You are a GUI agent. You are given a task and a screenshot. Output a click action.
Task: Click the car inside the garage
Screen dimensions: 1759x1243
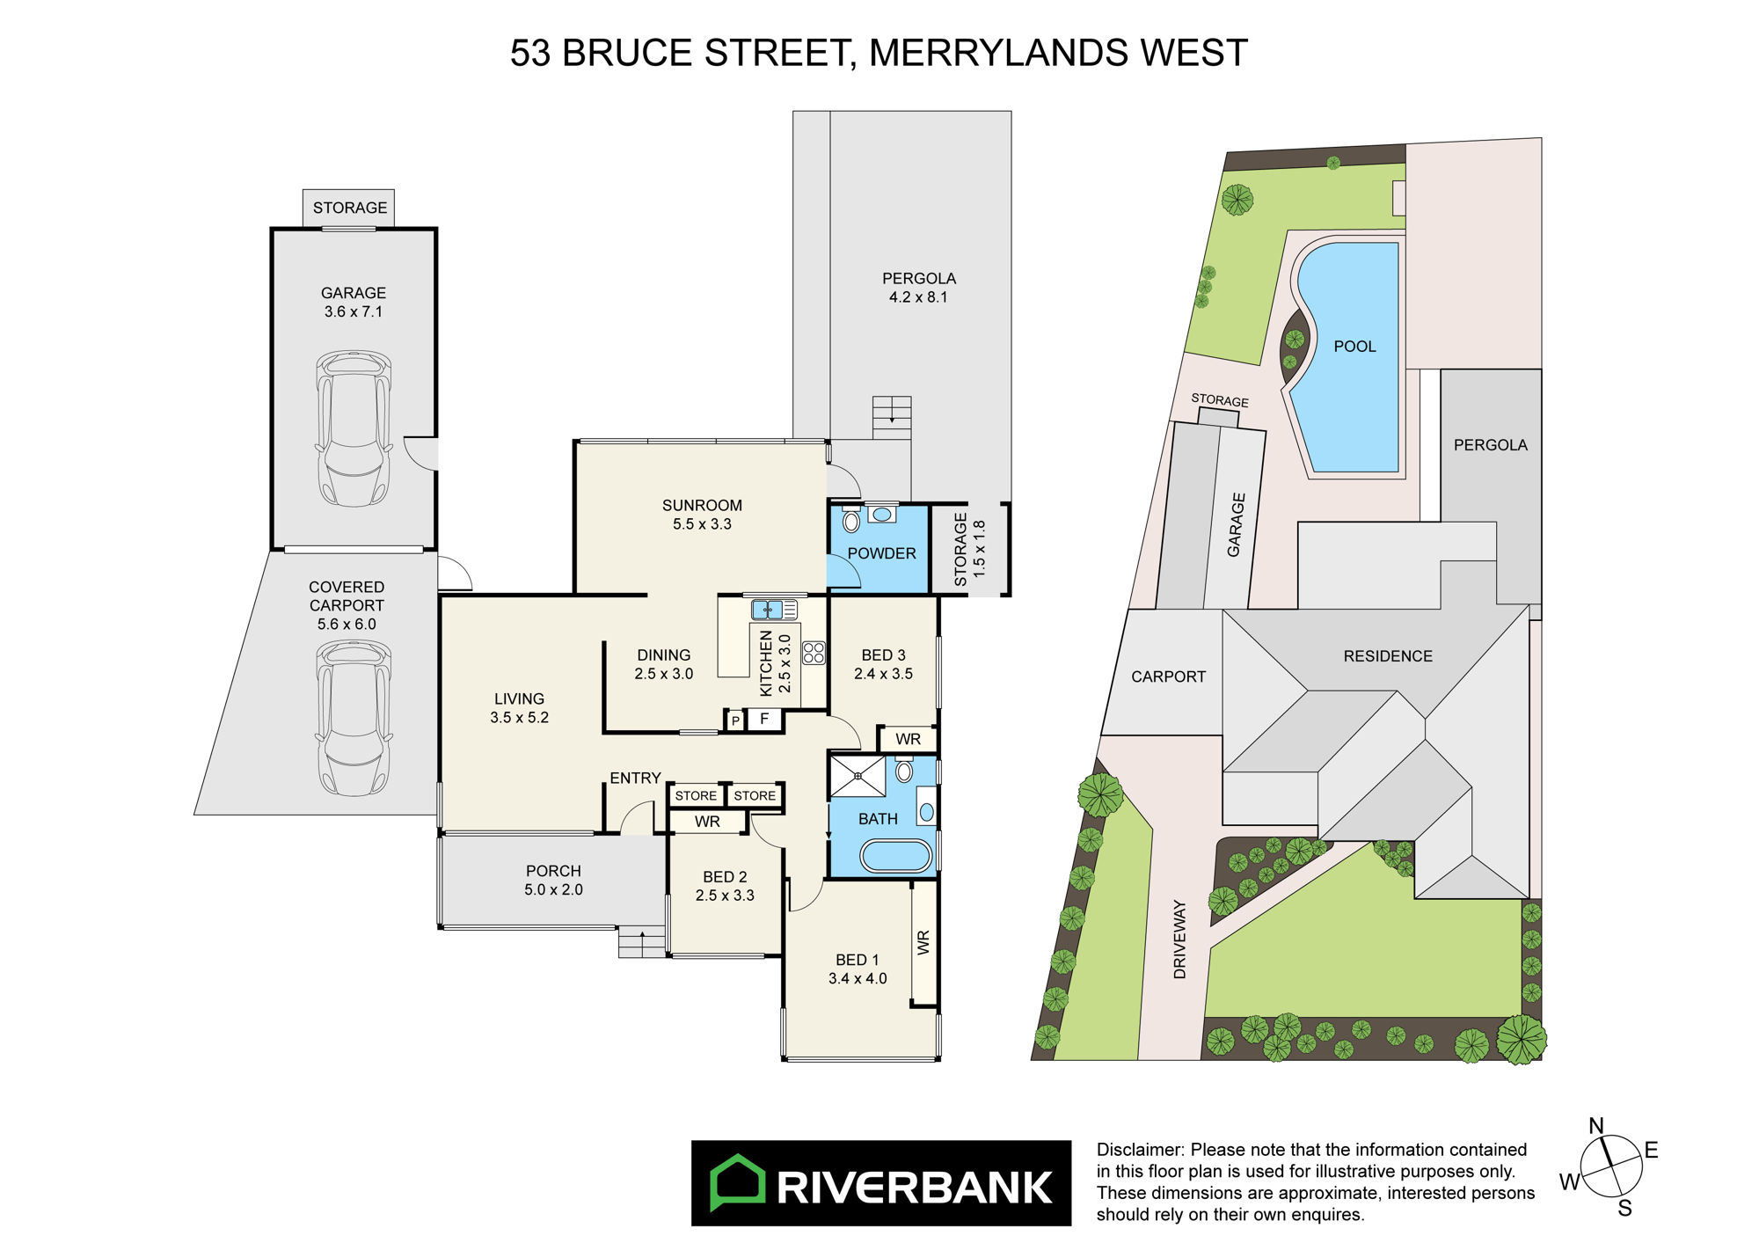(354, 428)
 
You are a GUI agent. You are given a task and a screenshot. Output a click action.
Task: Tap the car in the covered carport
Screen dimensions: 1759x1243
(354, 718)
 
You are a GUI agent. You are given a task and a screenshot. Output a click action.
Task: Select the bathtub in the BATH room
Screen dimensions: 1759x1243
(895, 856)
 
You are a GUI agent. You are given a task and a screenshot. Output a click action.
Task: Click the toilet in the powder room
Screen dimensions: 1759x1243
(851, 520)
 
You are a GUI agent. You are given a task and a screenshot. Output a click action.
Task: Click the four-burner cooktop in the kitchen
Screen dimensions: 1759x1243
(814, 653)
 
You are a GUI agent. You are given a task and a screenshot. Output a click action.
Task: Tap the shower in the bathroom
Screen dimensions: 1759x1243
(858, 776)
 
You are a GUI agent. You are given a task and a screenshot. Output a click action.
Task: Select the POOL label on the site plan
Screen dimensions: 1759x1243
(1354, 347)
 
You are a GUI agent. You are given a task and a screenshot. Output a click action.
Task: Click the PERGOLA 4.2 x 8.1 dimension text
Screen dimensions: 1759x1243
(918, 297)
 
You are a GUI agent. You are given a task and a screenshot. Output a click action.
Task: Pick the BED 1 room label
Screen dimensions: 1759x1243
(858, 960)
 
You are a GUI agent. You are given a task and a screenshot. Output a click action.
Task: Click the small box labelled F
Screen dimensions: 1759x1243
(764, 720)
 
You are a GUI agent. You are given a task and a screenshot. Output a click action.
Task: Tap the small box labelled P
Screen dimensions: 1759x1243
(735, 721)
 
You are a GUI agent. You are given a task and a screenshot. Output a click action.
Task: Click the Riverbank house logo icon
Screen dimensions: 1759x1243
(737, 1183)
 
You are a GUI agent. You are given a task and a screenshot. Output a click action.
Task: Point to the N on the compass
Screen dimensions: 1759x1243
(1596, 1126)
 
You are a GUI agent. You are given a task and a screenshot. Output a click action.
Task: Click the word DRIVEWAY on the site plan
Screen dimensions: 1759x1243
(1179, 940)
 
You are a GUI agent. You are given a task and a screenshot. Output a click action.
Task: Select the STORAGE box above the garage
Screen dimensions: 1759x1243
(349, 208)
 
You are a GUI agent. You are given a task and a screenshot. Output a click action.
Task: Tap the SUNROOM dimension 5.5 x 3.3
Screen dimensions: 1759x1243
(702, 524)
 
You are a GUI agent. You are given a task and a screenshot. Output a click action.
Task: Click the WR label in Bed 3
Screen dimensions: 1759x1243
(909, 740)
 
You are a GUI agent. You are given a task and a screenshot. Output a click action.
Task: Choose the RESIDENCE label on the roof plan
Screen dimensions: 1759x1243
(1388, 656)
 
